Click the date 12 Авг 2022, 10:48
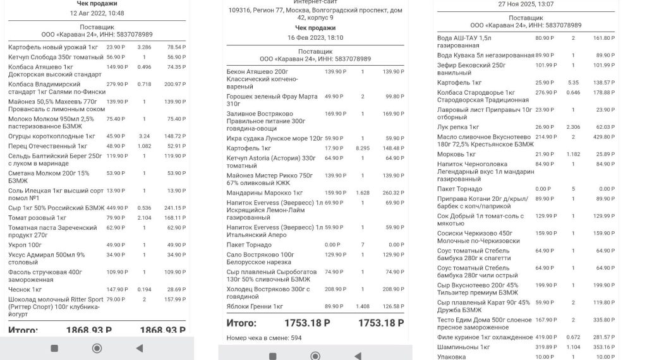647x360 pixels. pos(97,13)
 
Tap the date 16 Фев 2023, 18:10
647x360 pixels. pos(315,38)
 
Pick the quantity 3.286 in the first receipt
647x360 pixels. pos(144,47)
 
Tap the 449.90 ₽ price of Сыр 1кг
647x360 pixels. pos(116,208)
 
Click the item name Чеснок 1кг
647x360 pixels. pos(25,289)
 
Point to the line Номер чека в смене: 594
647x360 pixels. pos(263,338)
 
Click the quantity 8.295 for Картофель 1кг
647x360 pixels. pos(363,148)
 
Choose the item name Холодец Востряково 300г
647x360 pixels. pos(268,289)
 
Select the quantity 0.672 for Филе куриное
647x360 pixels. pos(574,337)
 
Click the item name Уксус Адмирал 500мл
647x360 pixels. pos(46,255)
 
